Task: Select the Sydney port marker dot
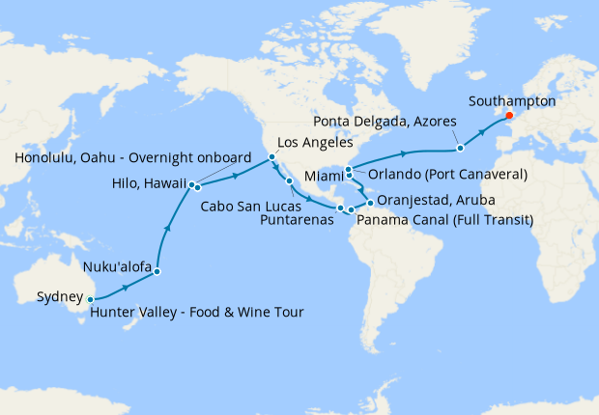[90, 299]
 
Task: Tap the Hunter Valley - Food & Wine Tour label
[196, 312]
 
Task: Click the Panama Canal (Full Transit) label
[444, 220]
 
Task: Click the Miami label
[323, 178]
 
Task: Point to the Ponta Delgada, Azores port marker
[461, 148]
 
